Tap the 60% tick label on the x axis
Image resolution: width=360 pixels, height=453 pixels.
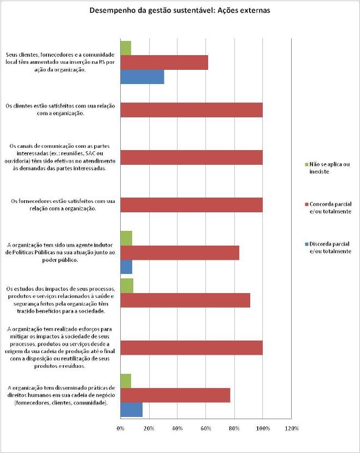tap(205, 428)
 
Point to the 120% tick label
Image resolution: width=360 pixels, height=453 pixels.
tap(292, 428)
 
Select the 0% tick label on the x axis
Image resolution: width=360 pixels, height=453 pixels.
tap(120, 428)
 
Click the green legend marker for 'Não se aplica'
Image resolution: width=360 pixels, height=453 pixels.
tap(307, 164)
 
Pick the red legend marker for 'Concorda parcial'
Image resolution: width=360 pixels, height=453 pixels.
tap(307, 204)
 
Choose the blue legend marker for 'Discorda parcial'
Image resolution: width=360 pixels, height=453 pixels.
tap(307, 244)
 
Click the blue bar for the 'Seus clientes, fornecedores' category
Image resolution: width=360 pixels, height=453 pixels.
tap(142, 77)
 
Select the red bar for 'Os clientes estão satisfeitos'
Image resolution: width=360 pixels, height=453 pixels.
tap(191, 110)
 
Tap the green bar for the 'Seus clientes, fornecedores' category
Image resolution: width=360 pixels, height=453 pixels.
tap(126, 48)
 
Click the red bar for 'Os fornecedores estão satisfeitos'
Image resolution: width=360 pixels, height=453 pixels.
tap(191, 205)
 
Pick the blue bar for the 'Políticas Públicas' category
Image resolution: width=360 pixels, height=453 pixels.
tap(126, 267)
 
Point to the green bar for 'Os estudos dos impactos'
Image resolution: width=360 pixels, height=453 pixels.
tap(127, 286)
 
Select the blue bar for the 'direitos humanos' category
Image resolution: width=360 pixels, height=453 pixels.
tap(132, 410)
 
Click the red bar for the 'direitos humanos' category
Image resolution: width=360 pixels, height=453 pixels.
tap(175, 395)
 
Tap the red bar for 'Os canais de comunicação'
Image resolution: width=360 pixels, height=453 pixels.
tap(191, 157)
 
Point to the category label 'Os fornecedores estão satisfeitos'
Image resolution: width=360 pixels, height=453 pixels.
tap(63, 205)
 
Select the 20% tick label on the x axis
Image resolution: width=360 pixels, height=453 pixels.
tap(149, 428)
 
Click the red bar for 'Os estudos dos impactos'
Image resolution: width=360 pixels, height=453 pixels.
tap(185, 300)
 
